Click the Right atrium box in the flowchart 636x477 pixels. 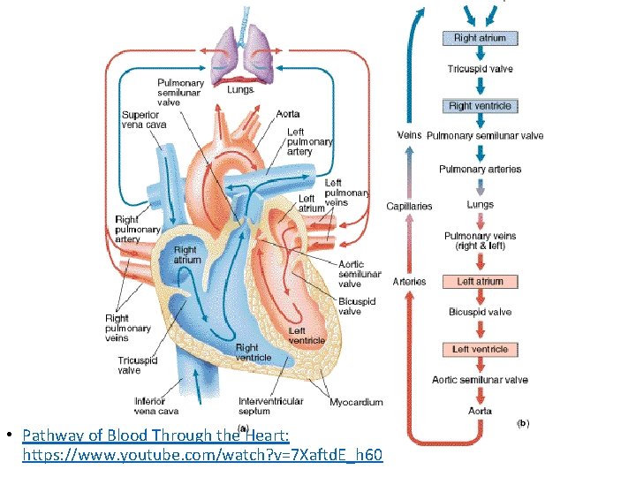point(480,38)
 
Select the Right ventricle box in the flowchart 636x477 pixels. point(480,106)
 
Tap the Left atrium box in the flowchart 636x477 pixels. point(480,282)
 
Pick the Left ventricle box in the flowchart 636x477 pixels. point(480,350)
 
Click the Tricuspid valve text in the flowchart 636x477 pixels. point(480,69)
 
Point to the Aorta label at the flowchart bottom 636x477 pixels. point(480,411)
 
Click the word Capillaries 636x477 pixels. point(409,207)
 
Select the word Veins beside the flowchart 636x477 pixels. point(409,135)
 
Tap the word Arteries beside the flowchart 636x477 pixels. point(409,282)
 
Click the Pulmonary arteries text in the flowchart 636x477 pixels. point(481,169)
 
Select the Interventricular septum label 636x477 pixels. point(270,406)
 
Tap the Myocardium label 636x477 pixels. point(356,403)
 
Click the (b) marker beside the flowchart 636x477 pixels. point(522,423)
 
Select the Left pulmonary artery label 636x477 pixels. point(309,141)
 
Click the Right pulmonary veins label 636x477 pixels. point(128,328)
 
